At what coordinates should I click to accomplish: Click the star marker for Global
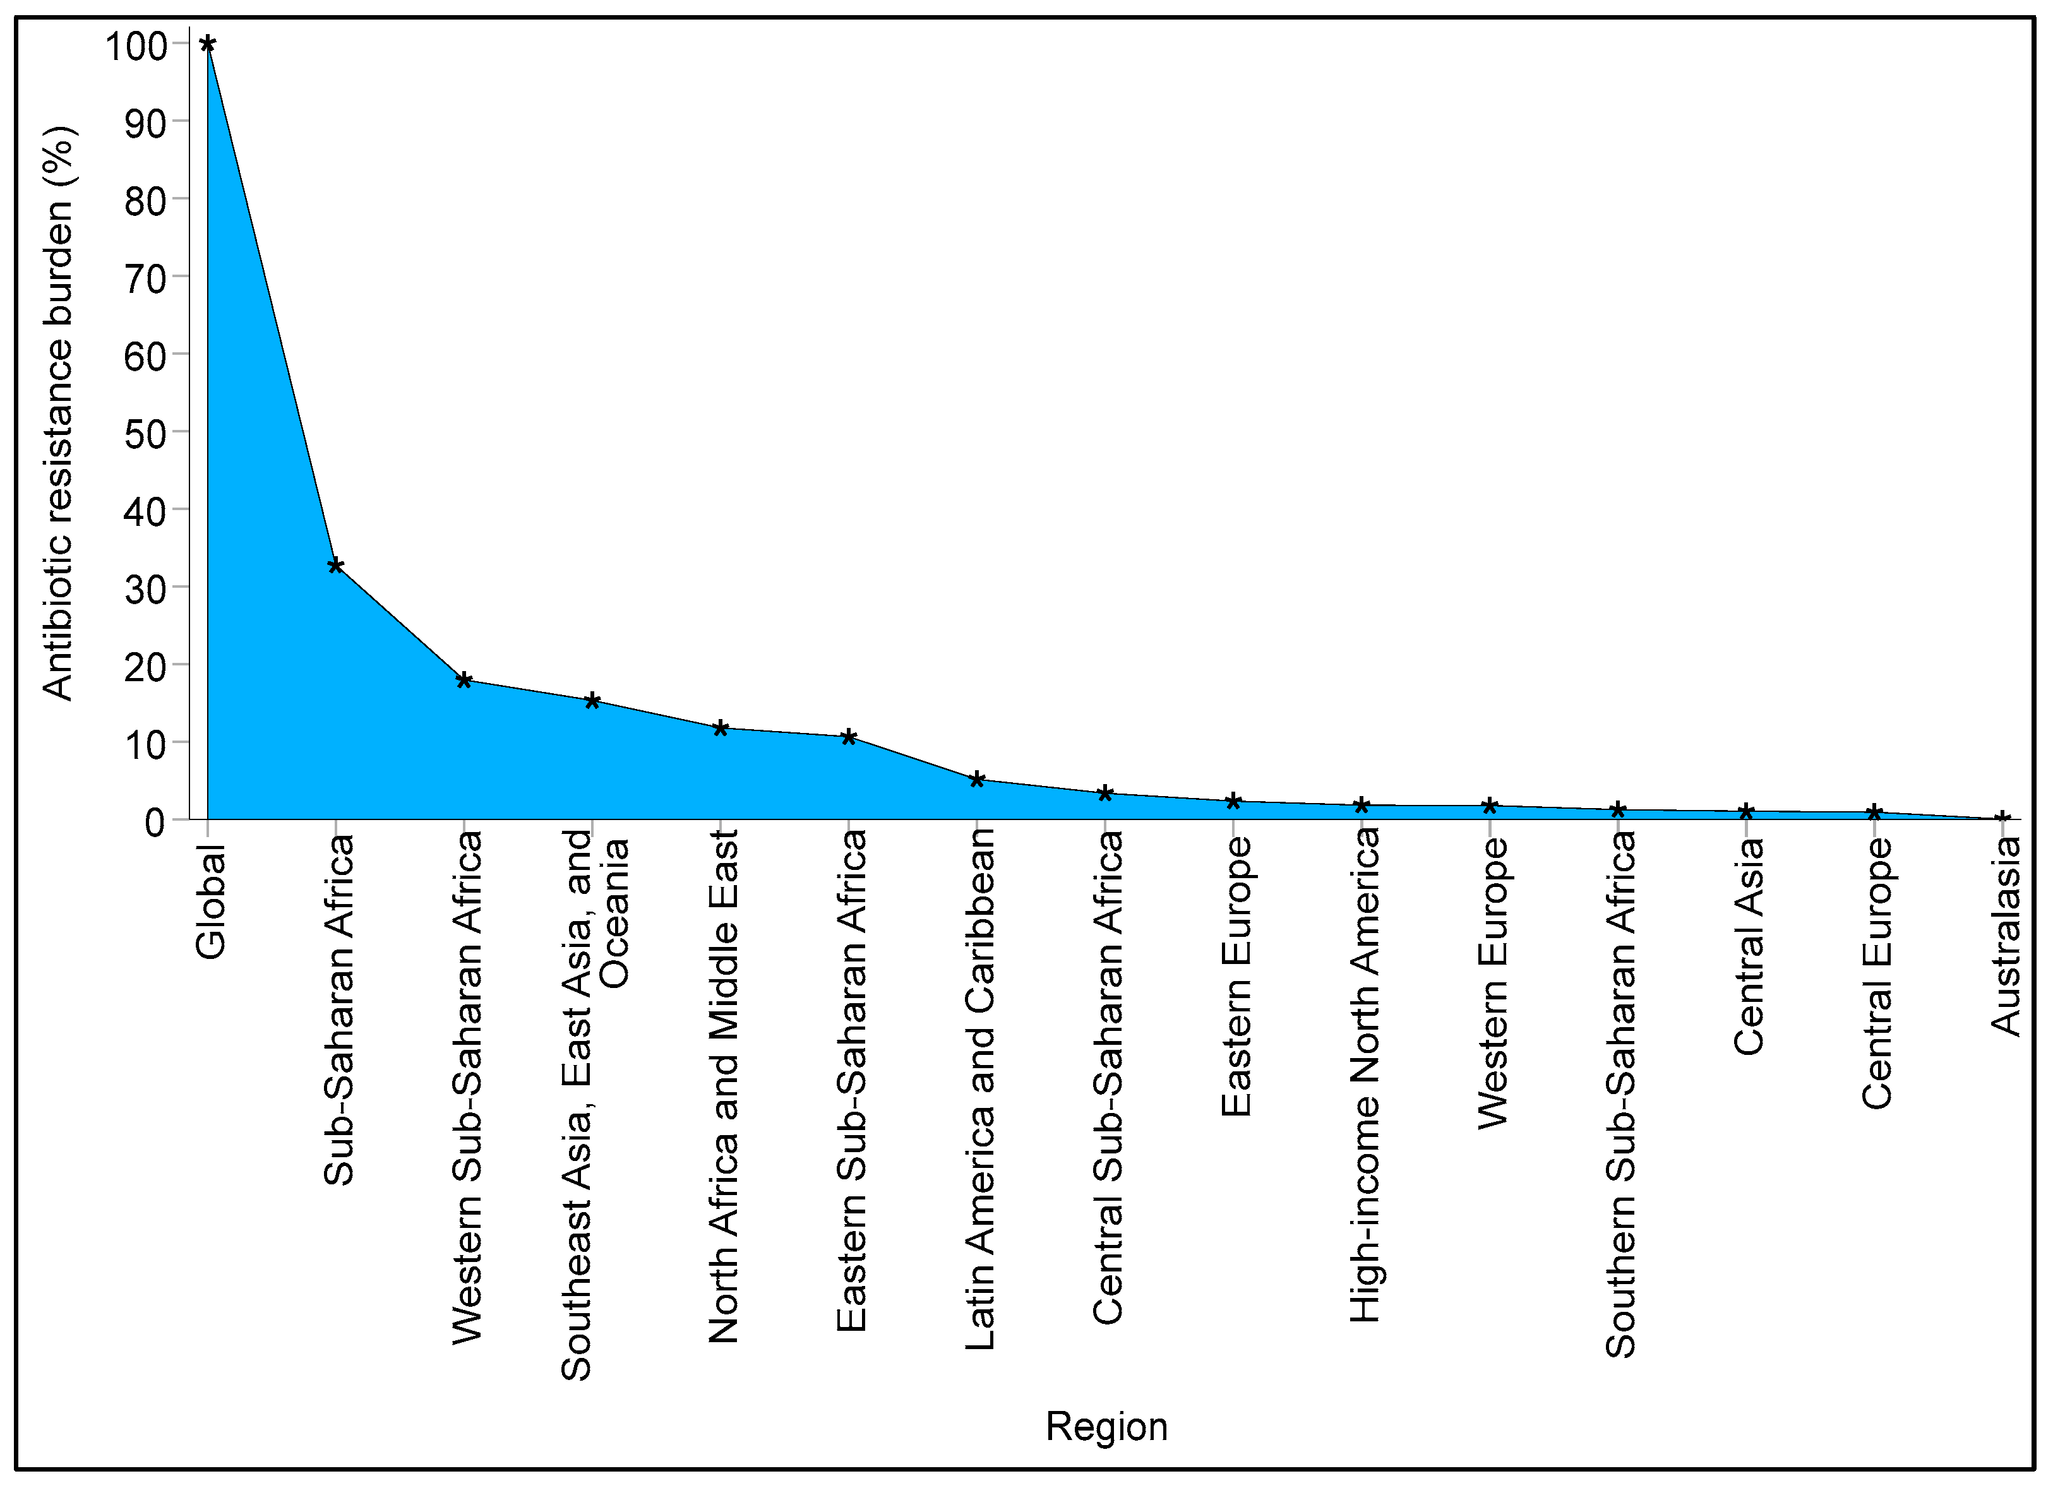click(x=207, y=44)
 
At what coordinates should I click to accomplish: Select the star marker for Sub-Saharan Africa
click(x=336, y=566)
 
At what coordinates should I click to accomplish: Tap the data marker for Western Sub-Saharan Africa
click(x=464, y=680)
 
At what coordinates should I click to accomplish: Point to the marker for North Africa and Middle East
click(x=721, y=728)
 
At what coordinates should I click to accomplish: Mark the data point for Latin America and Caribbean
click(x=977, y=779)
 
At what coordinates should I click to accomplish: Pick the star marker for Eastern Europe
click(x=1233, y=801)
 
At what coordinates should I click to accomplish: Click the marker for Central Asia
click(x=1746, y=811)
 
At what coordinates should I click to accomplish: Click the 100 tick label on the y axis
click(x=136, y=45)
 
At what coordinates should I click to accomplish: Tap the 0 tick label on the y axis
click(x=155, y=822)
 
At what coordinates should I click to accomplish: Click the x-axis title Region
click(x=1106, y=1427)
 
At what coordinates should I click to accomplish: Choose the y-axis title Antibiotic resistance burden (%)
click(x=59, y=414)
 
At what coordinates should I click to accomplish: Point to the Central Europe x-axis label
click(x=1876, y=973)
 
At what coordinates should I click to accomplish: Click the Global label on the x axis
click(x=210, y=902)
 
